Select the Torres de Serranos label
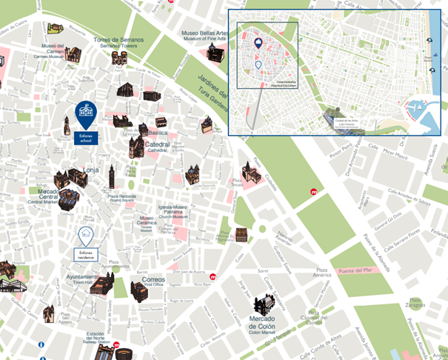(118, 41)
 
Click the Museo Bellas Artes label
(208, 35)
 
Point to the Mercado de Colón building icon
(266, 304)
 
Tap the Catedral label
(157, 145)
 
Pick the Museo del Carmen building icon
(72, 53)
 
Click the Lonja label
(91, 170)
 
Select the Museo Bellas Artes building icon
(213, 53)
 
